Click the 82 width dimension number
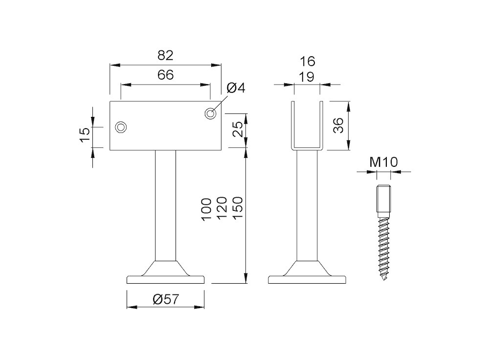tap(165, 56)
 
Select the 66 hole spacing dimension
tap(165, 75)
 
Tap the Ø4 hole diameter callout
tap(236, 88)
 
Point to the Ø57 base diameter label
tap(166, 299)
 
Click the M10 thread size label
tap(383, 162)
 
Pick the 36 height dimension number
tap(338, 125)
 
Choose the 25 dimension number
tap(238, 129)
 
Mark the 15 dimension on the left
tap(85, 135)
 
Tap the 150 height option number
tap(237, 208)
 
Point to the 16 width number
tap(308, 62)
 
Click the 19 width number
tap(307, 77)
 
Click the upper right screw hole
tap(211, 113)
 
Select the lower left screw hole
tap(121, 127)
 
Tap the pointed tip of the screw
tap(384, 279)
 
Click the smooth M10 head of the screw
tap(384, 199)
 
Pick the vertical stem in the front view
tap(165, 205)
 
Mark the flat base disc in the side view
tap(307, 279)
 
